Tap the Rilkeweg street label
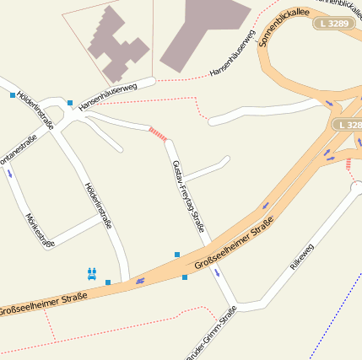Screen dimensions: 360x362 (x=301, y=256)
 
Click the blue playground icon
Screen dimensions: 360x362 (x=92, y=272)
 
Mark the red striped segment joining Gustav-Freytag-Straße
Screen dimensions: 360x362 (x=158, y=133)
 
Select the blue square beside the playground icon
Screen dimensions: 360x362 (x=108, y=282)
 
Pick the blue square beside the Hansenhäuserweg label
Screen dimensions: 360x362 (x=70, y=102)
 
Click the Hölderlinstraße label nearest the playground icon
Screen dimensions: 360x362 (x=99, y=206)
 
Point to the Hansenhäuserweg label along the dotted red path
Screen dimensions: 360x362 (x=232, y=54)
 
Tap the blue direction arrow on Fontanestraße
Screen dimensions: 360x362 (x=9, y=173)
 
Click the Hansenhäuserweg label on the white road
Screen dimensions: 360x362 (x=107, y=97)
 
